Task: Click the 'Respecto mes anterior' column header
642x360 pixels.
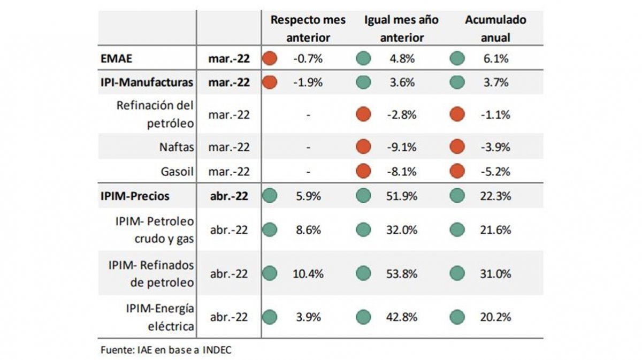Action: click(308, 29)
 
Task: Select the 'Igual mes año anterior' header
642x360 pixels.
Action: click(401, 29)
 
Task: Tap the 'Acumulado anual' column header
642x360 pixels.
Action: click(495, 29)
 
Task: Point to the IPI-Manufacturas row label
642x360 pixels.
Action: click(147, 82)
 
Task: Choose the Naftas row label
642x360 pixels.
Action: click(176, 147)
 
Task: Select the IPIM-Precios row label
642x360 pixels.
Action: click(135, 196)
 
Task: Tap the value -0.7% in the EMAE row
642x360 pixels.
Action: click(308, 59)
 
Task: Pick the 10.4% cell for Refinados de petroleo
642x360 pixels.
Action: click(308, 274)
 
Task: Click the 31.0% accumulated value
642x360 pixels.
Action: click(495, 274)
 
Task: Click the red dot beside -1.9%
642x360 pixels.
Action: click(271, 82)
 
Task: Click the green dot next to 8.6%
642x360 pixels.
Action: click(271, 230)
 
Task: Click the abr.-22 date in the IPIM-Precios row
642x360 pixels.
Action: click(228, 196)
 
